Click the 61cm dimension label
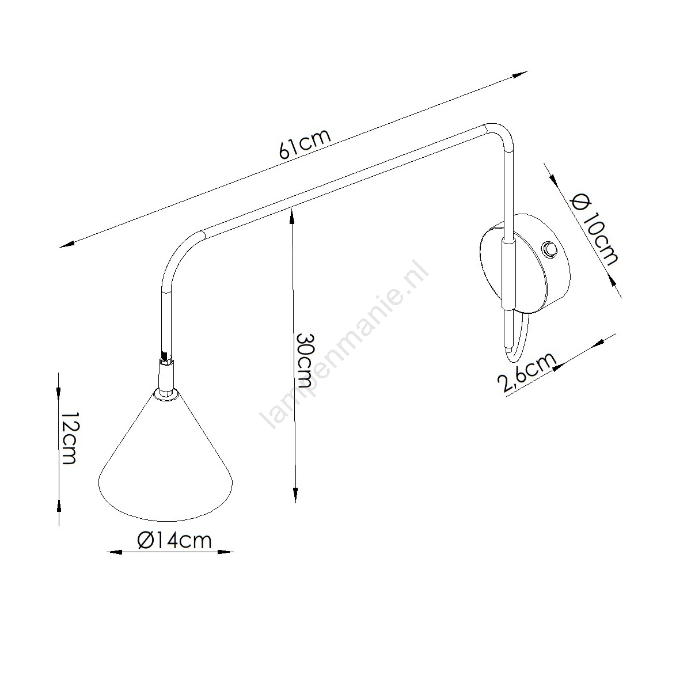(304, 145)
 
